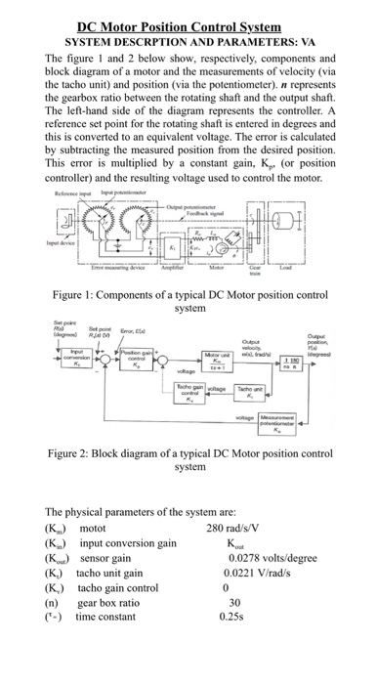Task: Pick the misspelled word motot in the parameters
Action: tap(98, 528)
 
